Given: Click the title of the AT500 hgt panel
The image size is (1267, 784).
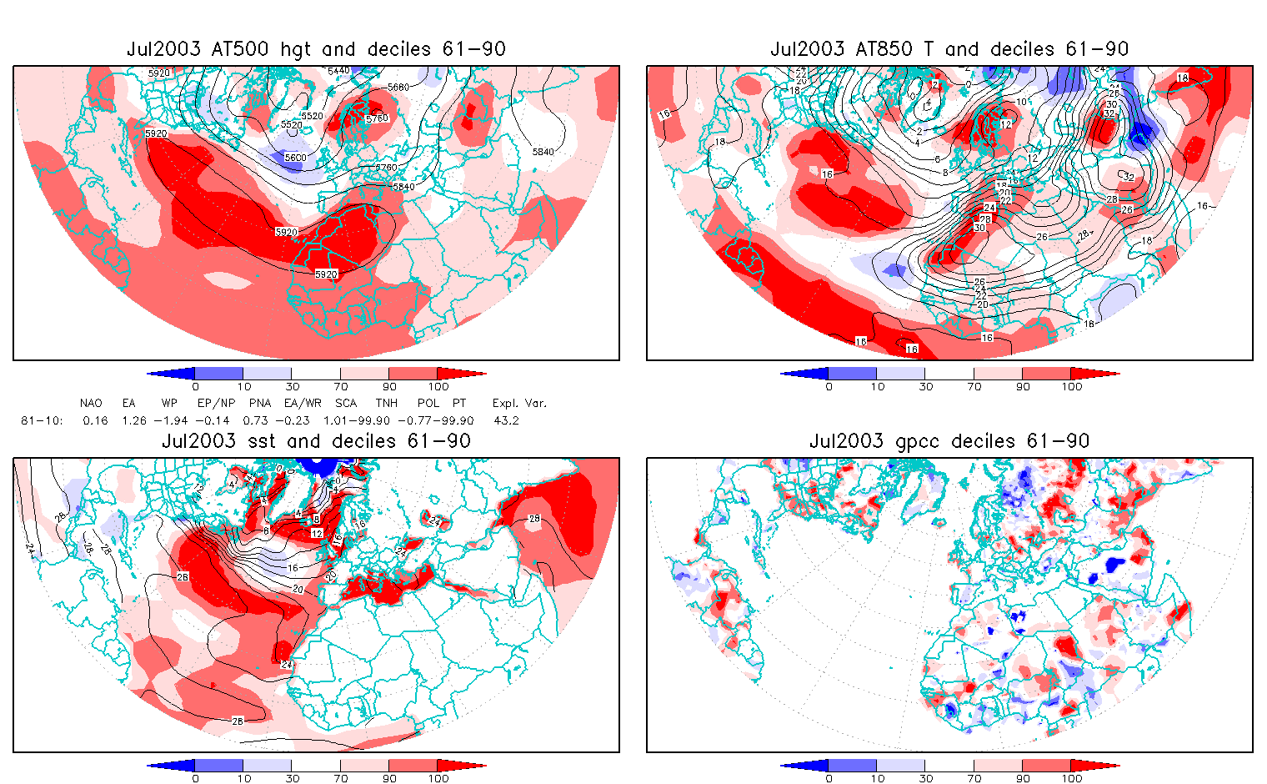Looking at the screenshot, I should coord(316,49).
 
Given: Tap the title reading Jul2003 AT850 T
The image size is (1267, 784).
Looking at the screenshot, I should coord(949,49).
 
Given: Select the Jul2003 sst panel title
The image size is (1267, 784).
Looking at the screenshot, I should coord(316,441).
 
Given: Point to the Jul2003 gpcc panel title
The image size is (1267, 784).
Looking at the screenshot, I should coord(949,441).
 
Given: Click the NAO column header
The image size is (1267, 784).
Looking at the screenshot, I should coord(91,404).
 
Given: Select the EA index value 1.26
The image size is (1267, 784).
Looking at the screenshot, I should coord(134,421).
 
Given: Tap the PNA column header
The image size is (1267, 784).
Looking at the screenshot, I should coord(259,404).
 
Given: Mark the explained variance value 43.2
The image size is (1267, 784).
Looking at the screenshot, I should coord(506,421).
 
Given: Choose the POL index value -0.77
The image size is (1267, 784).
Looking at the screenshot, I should coord(412,421).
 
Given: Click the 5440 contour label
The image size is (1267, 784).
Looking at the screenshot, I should coord(339,72).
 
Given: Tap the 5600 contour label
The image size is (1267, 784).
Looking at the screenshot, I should coord(295,158).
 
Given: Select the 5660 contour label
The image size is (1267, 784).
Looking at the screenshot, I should coord(398,88).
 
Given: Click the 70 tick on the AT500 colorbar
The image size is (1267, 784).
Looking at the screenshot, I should coord(341,386).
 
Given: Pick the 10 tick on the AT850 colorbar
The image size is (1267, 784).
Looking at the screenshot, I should coord(877,386).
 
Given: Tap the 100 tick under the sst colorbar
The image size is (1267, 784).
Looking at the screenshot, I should coord(438,778).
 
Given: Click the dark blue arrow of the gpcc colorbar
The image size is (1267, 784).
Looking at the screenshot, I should coord(804,766).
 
